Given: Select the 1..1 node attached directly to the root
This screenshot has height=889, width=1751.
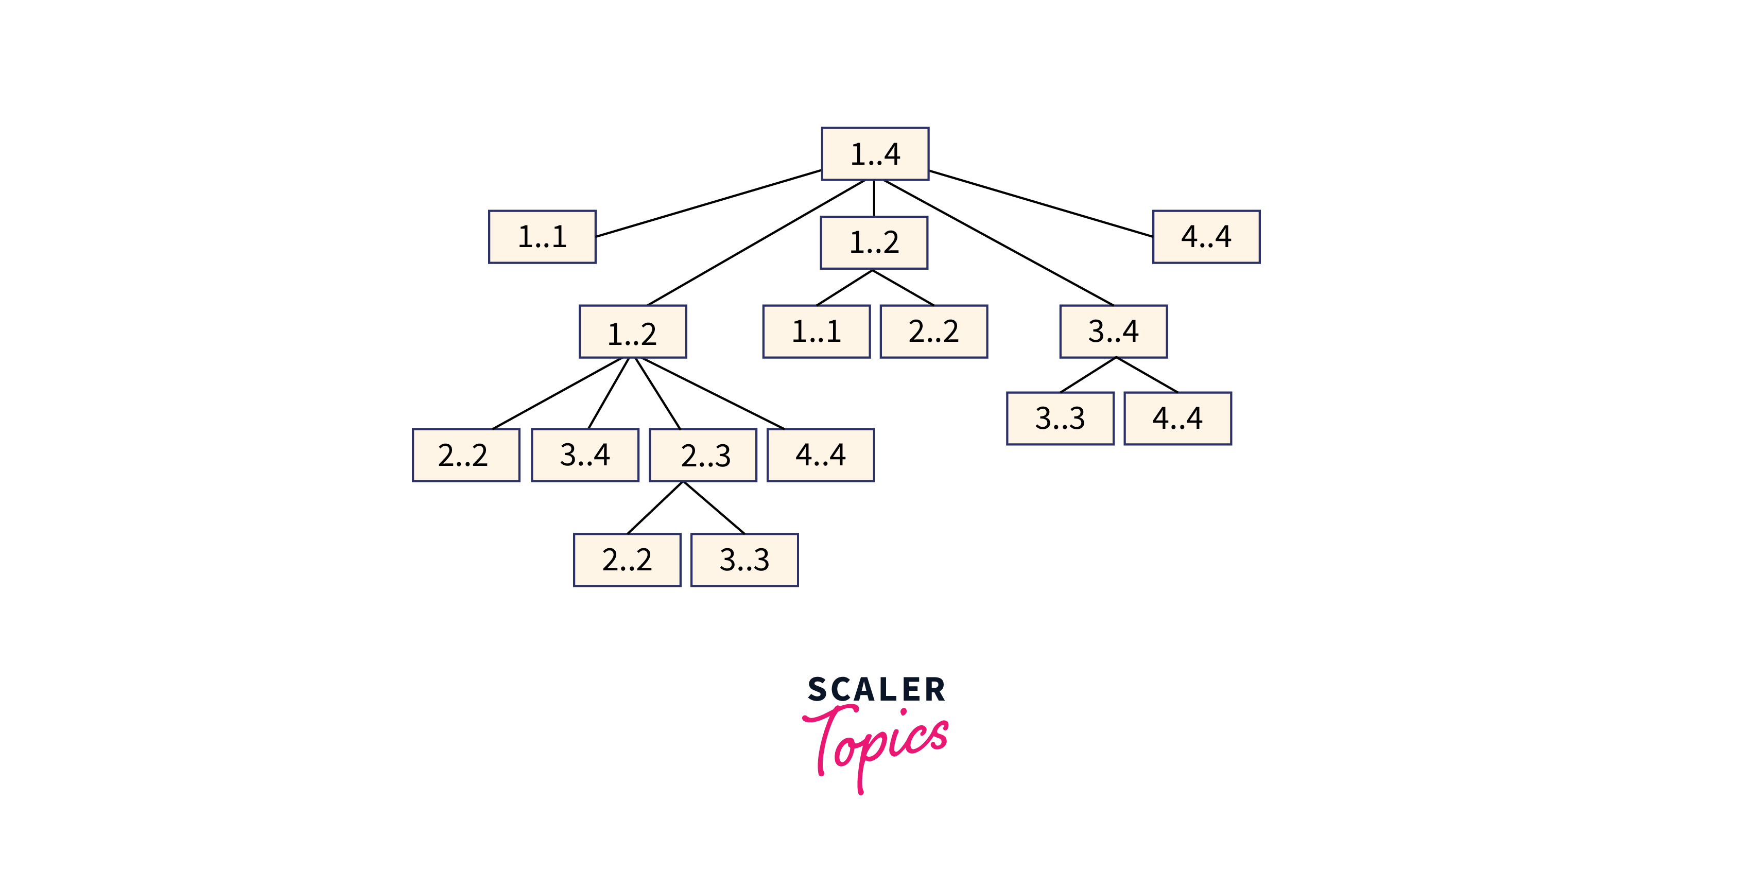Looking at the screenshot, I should [x=542, y=236].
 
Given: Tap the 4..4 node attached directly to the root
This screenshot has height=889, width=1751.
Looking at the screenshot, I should [x=1206, y=236].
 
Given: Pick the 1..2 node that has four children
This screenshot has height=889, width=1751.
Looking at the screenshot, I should [x=632, y=332].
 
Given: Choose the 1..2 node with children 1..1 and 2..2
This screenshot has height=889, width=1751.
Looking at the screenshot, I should [x=874, y=242].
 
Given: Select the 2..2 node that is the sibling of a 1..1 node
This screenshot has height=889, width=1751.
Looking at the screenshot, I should [x=933, y=332].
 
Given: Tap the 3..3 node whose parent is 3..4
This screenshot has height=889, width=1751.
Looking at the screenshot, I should [x=1060, y=418].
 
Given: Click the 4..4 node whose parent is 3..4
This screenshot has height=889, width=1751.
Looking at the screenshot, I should [x=1177, y=418].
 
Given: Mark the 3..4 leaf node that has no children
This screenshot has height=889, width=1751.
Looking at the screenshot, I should [x=584, y=455].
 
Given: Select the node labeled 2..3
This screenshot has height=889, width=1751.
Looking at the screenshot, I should [x=703, y=455].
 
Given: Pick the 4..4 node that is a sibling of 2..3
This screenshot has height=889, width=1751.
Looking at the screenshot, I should [x=821, y=455].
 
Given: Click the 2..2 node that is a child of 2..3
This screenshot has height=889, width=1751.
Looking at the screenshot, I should [x=627, y=560].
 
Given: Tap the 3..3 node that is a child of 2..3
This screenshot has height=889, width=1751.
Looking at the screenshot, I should [x=744, y=560].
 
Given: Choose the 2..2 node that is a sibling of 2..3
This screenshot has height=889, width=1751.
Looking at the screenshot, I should [x=465, y=455].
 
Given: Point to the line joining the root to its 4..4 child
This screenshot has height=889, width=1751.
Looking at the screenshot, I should [x=1040, y=203].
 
